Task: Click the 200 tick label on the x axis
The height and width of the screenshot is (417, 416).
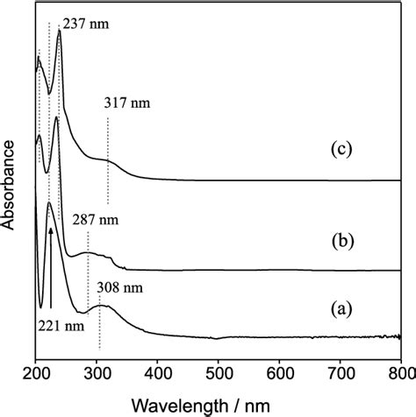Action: (x=35, y=372)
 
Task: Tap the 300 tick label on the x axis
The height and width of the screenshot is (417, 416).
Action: (x=96, y=372)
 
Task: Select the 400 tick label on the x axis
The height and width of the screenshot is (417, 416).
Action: (x=157, y=372)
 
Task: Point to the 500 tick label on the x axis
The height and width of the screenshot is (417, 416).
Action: (x=218, y=372)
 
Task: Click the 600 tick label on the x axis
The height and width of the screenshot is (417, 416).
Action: (x=279, y=372)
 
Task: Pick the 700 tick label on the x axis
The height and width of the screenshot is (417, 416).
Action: (x=340, y=372)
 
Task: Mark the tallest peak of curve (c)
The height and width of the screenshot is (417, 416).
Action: (x=59, y=32)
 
